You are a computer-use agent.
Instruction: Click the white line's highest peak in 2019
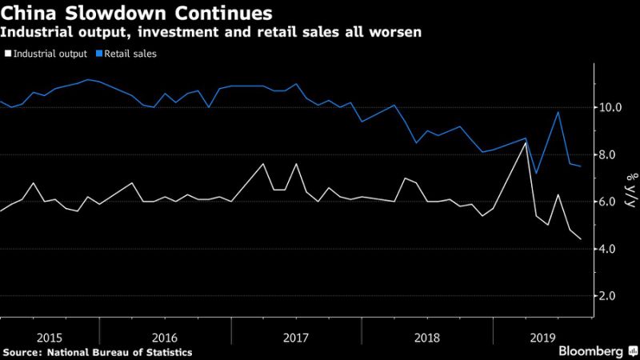pos(525,142)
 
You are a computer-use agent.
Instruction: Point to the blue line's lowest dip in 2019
pos(536,174)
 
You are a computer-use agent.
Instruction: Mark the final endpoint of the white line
pos(581,239)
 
